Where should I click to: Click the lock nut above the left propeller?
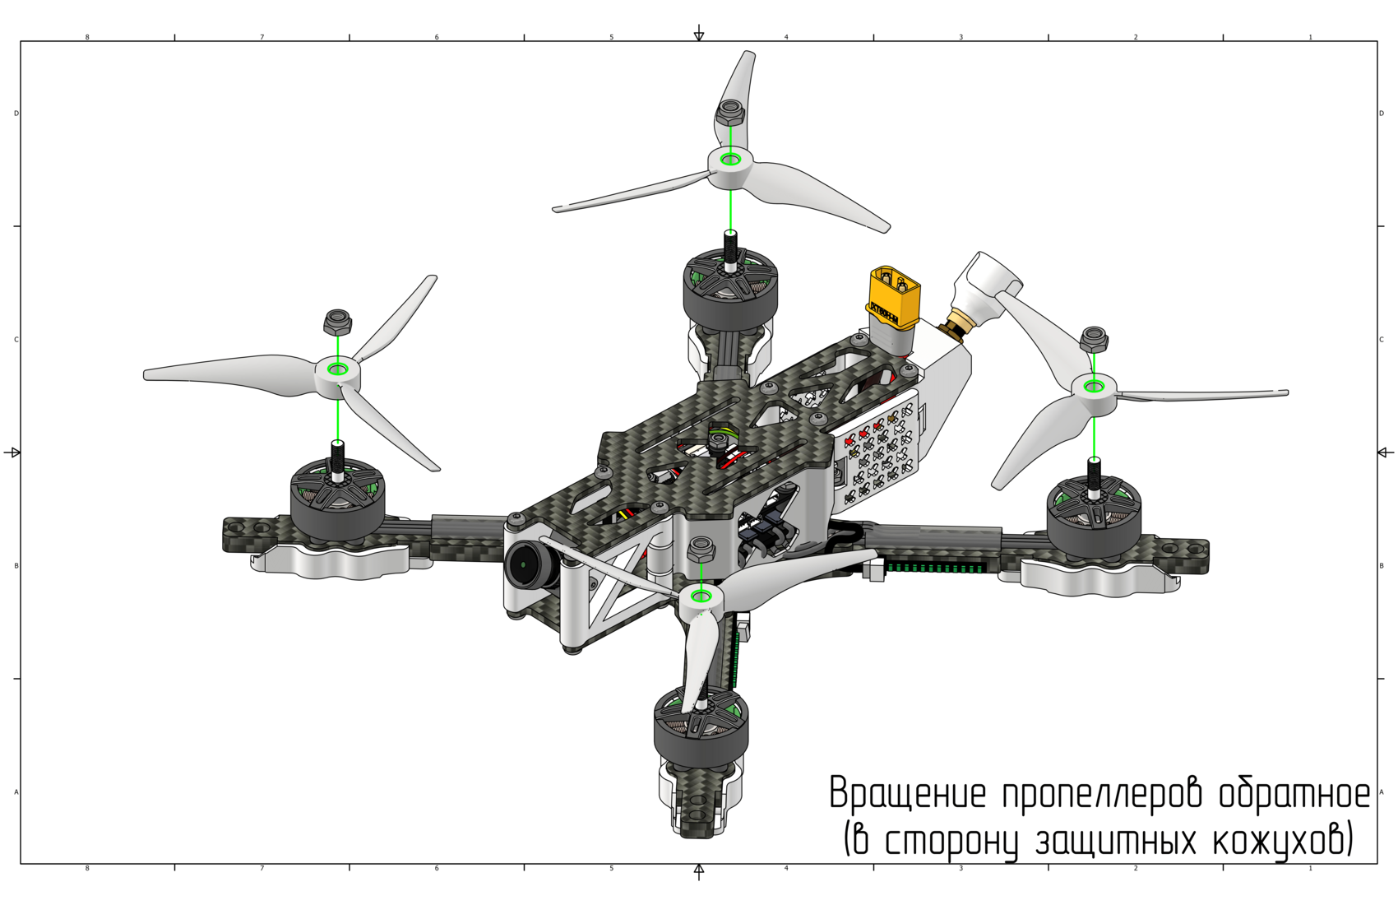[x=338, y=323]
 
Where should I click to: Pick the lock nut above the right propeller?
[x=1094, y=339]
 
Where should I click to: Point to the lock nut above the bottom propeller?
[x=701, y=549]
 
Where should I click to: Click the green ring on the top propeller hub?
[x=730, y=160]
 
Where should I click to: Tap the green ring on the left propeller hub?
[x=338, y=369]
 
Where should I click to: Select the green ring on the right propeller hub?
[x=1094, y=387]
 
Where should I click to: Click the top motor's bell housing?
[x=731, y=290]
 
